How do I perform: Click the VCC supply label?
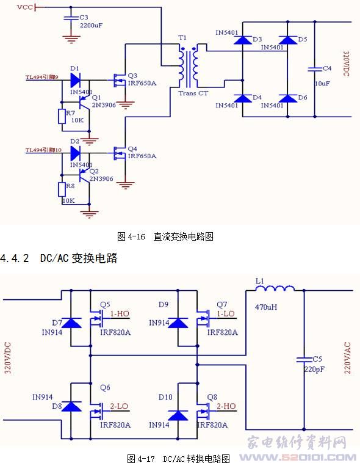click(x=25, y=7)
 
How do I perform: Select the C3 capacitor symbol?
click(x=71, y=18)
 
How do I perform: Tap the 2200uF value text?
click(x=91, y=26)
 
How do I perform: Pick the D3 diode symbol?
click(x=243, y=40)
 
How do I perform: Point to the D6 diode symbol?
click(x=288, y=98)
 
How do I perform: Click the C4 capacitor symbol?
click(x=315, y=69)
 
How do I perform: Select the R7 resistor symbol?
click(x=62, y=116)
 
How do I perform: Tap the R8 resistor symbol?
click(x=62, y=189)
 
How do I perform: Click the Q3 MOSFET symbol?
click(x=120, y=80)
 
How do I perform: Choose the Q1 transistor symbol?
click(x=84, y=103)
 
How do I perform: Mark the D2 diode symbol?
click(x=75, y=153)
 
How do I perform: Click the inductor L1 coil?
click(x=275, y=288)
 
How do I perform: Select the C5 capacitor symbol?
click(x=304, y=359)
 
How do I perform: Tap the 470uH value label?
click(x=266, y=307)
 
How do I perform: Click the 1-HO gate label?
click(x=120, y=313)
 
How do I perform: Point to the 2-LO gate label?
click(x=119, y=406)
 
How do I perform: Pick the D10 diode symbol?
click(x=178, y=415)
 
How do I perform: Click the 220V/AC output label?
click(x=347, y=357)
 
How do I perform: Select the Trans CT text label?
click(x=193, y=93)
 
